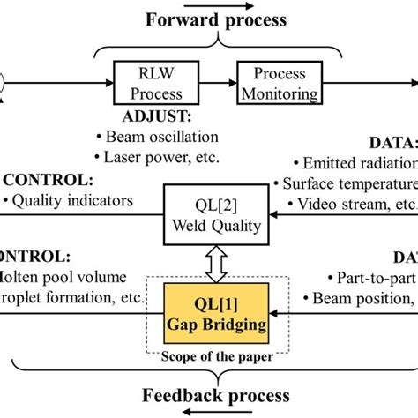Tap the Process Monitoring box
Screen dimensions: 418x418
(x=278, y=82)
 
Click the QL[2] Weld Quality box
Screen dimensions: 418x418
(x=220, y=217)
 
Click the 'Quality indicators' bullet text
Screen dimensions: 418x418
(x=71, y=200)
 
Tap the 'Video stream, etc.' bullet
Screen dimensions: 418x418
(x=353, y=205)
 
